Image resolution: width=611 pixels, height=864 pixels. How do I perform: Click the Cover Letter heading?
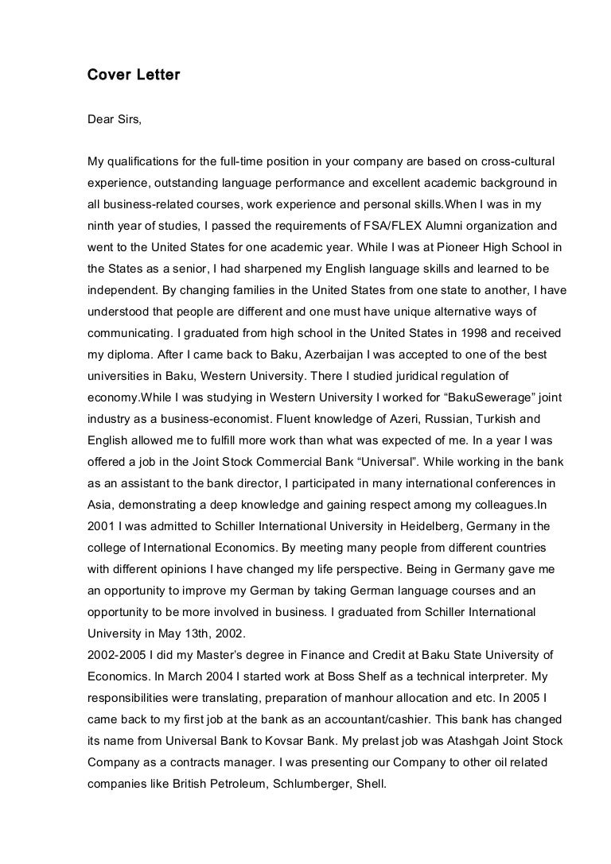point(134,76)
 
